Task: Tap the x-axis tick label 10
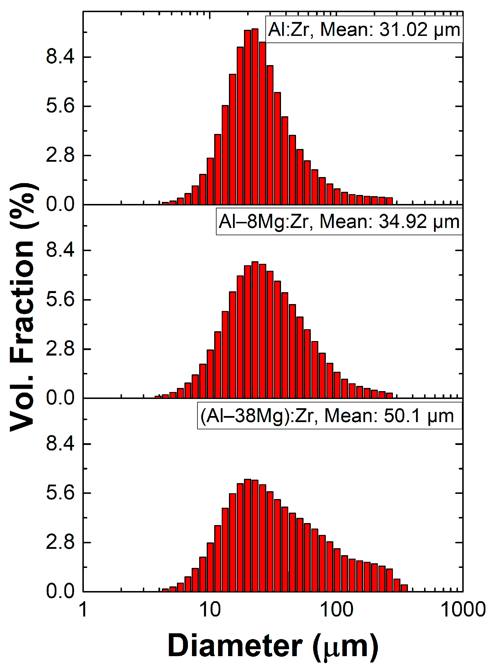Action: pyautogui.click(x=210, y=610)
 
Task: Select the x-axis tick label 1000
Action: pyautogui.click(x=463, y=610)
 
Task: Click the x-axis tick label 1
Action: pyautogui.click(x=84, y=610)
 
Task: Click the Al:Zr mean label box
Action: pyautogui.click(x=364, y=30)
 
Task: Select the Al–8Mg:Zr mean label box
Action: pyautogui.click(x=339, y=222)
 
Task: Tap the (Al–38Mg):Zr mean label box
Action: pyautogui.click(x=329, y=416)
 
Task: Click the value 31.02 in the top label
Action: pyautogui.click(x=403, y=30)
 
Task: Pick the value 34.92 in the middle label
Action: pyautogui.click(x=402, y=222)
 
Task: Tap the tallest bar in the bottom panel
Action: pyautogui.click(x=248, y=534)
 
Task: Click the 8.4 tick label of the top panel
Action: pyautogui.click(x=60, y=57)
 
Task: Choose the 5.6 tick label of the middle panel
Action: pyautogui.click(x=60, y=300)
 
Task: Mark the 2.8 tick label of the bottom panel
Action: pyautogui.click(x=60, y=542)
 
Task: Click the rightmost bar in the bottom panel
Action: pyautogui.click(x=404, y=588)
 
